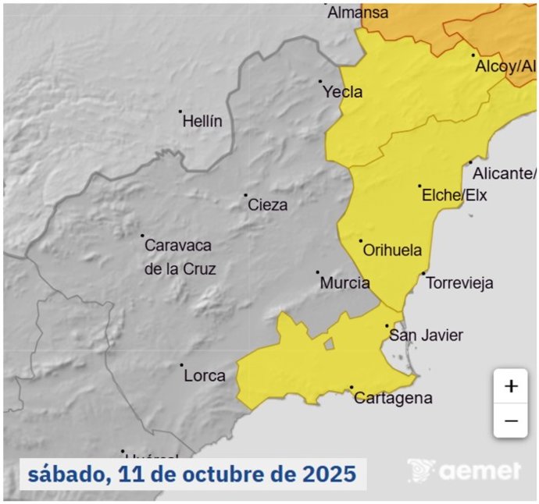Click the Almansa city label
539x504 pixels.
[358, 12]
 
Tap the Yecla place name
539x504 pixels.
[343, 92]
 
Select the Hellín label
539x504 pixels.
[202, 122]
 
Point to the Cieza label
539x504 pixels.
[267, 205]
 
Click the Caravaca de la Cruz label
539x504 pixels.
[179, 257]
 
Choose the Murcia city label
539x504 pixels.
[344, 283]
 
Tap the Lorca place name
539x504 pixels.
[204, 375]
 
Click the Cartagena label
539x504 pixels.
[393, 399]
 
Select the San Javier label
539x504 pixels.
[426, 335]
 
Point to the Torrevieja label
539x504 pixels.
[460, 283]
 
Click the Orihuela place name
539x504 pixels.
[392, 250]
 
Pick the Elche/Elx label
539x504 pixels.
[454, 195]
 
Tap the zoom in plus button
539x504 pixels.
[511, 386]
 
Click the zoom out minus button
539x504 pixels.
[511, 421]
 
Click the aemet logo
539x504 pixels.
[464, 470]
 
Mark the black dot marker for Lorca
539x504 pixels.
[181, 365]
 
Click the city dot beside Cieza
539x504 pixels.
[245, 195]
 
